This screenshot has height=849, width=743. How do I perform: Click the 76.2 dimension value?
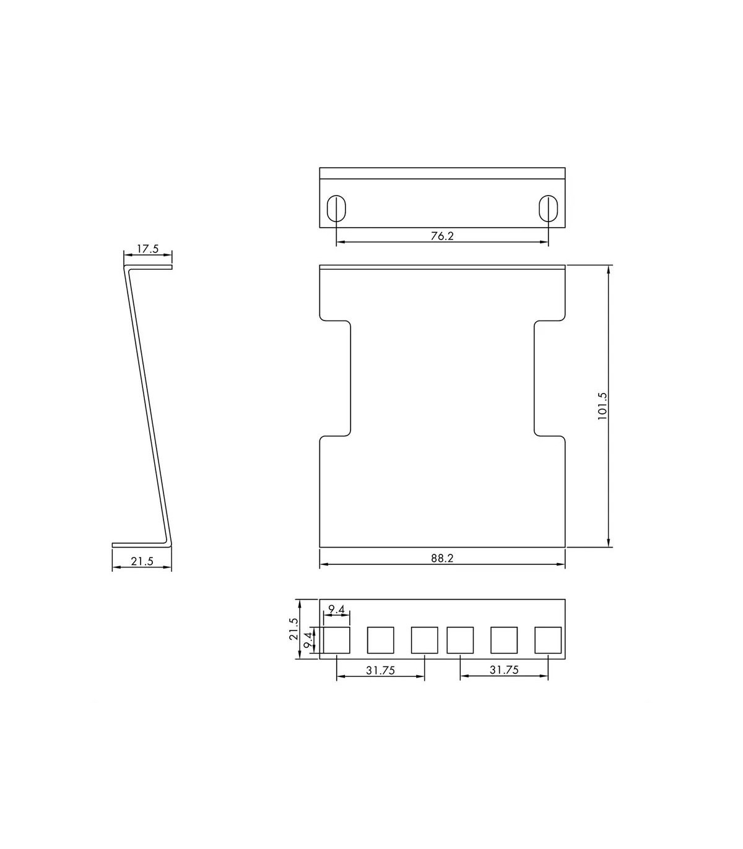[442, 236]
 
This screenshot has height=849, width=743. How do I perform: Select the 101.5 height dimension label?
[602, 406]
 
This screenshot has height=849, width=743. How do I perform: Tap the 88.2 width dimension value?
[442, 558]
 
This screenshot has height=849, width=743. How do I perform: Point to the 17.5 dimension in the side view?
[148, 249]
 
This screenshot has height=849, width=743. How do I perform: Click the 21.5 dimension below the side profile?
[142, 561]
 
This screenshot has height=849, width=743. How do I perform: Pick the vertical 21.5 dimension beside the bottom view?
[293, 629]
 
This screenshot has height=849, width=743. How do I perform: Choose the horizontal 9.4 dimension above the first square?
[337, 610]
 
